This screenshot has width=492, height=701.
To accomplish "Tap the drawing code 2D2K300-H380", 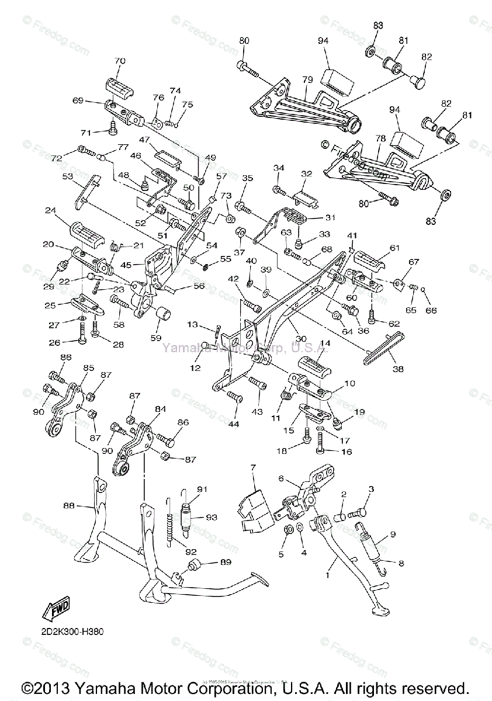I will click(x=75, y=630).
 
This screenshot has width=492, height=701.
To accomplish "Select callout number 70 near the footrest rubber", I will click(x=120, y=61).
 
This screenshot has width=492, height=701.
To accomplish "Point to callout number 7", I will click(x=254, y=467).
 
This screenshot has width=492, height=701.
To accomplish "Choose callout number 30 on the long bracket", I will click(x=301, y=338).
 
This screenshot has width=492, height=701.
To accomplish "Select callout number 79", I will click(x=308, y=79).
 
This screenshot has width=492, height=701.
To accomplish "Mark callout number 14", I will click(x=325, y=343).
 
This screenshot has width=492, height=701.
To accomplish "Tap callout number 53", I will click(x=68, y=176).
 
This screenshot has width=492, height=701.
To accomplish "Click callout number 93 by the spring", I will click(x=211, y=518).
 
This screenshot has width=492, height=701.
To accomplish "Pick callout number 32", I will click(x=307, y=173).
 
